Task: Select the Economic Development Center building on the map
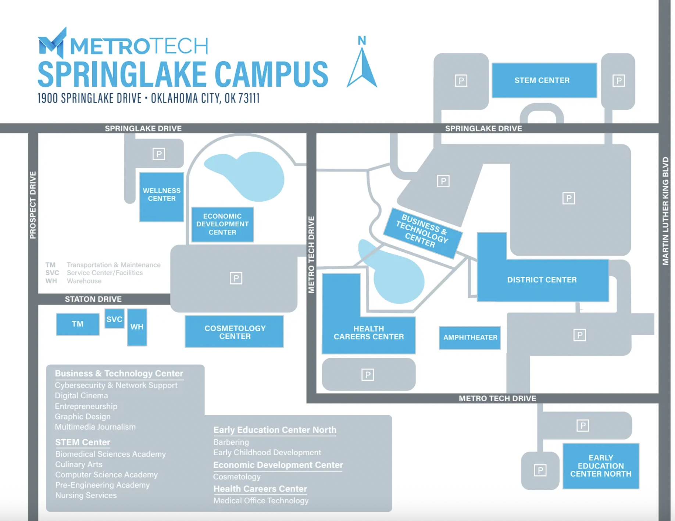tap(222, 224)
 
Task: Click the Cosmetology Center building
tap(235, 332)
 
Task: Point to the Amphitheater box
tap(470, 337)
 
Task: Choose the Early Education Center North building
tap(601, 466)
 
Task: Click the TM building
tap(78, 324)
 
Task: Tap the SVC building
tap(114, 319)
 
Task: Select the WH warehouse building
tap(137, 327)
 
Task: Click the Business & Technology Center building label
tap(422, 231)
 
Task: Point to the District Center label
tap(542, 280)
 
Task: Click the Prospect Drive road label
tap(33, 205)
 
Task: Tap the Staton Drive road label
tap(93, 299)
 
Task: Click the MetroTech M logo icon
tap(52, 43)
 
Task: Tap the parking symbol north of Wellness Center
tap(159, 154)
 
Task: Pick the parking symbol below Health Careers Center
tap(368, 375)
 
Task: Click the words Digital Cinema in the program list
tap(81, 396)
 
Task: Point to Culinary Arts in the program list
tap(79, 464)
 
